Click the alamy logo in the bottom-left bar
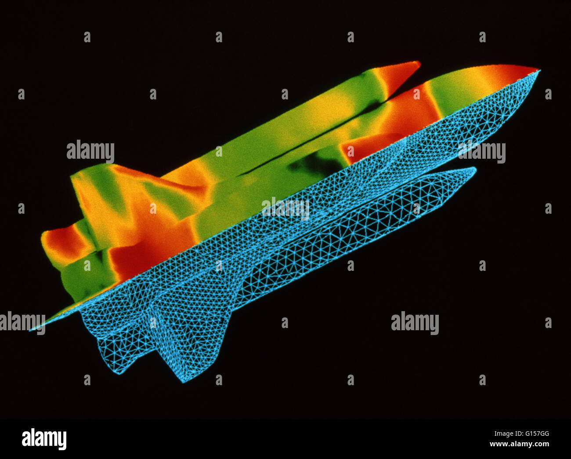(44, 439)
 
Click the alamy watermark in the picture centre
(285, 209)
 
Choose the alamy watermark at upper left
(90, 152)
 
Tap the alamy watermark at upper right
(482, 152)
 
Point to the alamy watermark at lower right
(415, 323)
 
